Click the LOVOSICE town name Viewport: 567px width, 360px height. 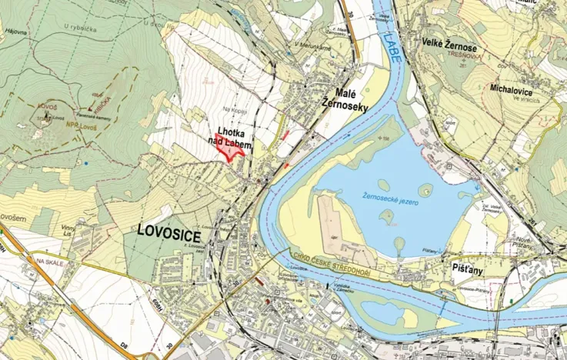(x=169, y=229)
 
